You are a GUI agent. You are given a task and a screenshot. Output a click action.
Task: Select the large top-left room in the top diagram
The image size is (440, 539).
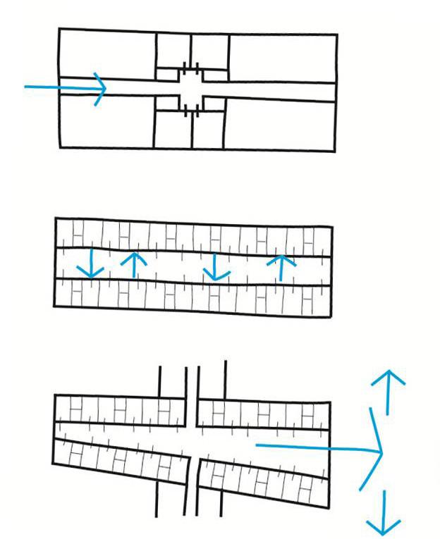(106, 53)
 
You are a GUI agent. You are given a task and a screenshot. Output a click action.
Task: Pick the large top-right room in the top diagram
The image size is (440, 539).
(282, 56)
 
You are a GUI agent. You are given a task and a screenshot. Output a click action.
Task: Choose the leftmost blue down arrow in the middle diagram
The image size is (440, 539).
(91, 264)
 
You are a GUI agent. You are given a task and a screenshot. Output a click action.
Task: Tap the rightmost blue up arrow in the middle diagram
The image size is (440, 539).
(281, 267)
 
